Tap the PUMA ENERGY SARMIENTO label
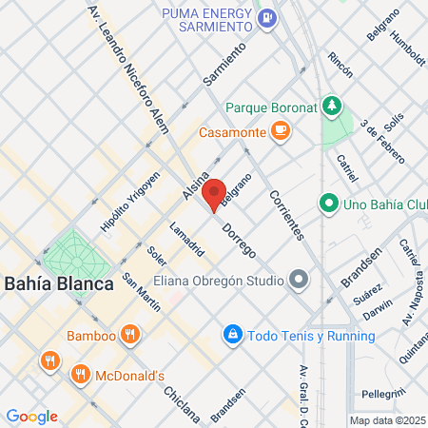(207, 21)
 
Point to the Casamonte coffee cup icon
(280, 133)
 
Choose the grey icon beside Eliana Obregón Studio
(300, 281)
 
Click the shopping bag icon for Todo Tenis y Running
(232, 335)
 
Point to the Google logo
(30, 417)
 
